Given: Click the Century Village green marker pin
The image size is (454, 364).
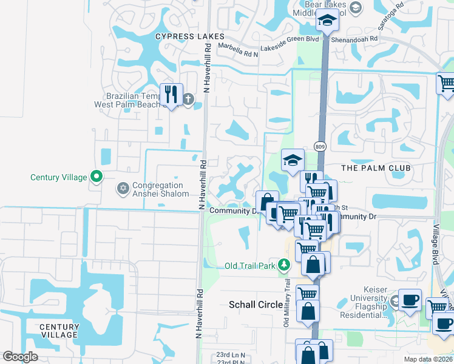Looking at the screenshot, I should click(96, 177).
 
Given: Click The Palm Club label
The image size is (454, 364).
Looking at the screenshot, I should click(376, 167).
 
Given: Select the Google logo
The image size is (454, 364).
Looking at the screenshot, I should click(20, 357).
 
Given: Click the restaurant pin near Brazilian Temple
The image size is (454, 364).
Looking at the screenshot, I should click(171, 94).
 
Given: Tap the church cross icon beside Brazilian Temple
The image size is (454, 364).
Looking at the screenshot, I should click(188, 98).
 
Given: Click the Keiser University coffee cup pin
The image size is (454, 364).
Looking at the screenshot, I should click(410, 299).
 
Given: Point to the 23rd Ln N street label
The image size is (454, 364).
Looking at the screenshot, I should click(231, 355).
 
